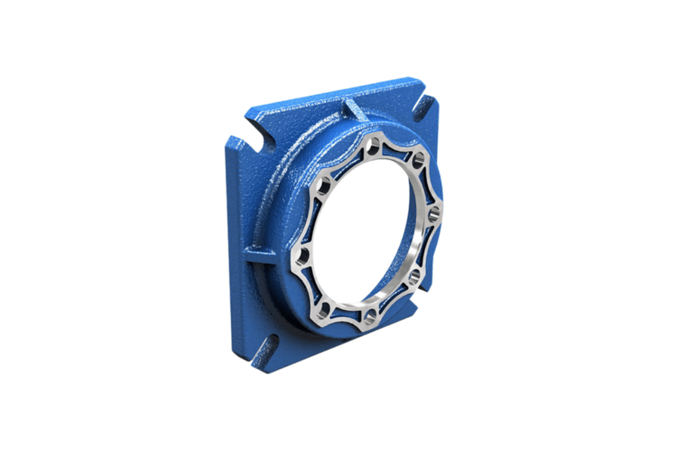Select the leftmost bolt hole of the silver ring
pyautogui.click(x=303, y=257)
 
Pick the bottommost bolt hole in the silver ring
pyautogui.click(x=370, y=317)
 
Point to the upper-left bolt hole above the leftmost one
pyautogui.click(x=324, y=186)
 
